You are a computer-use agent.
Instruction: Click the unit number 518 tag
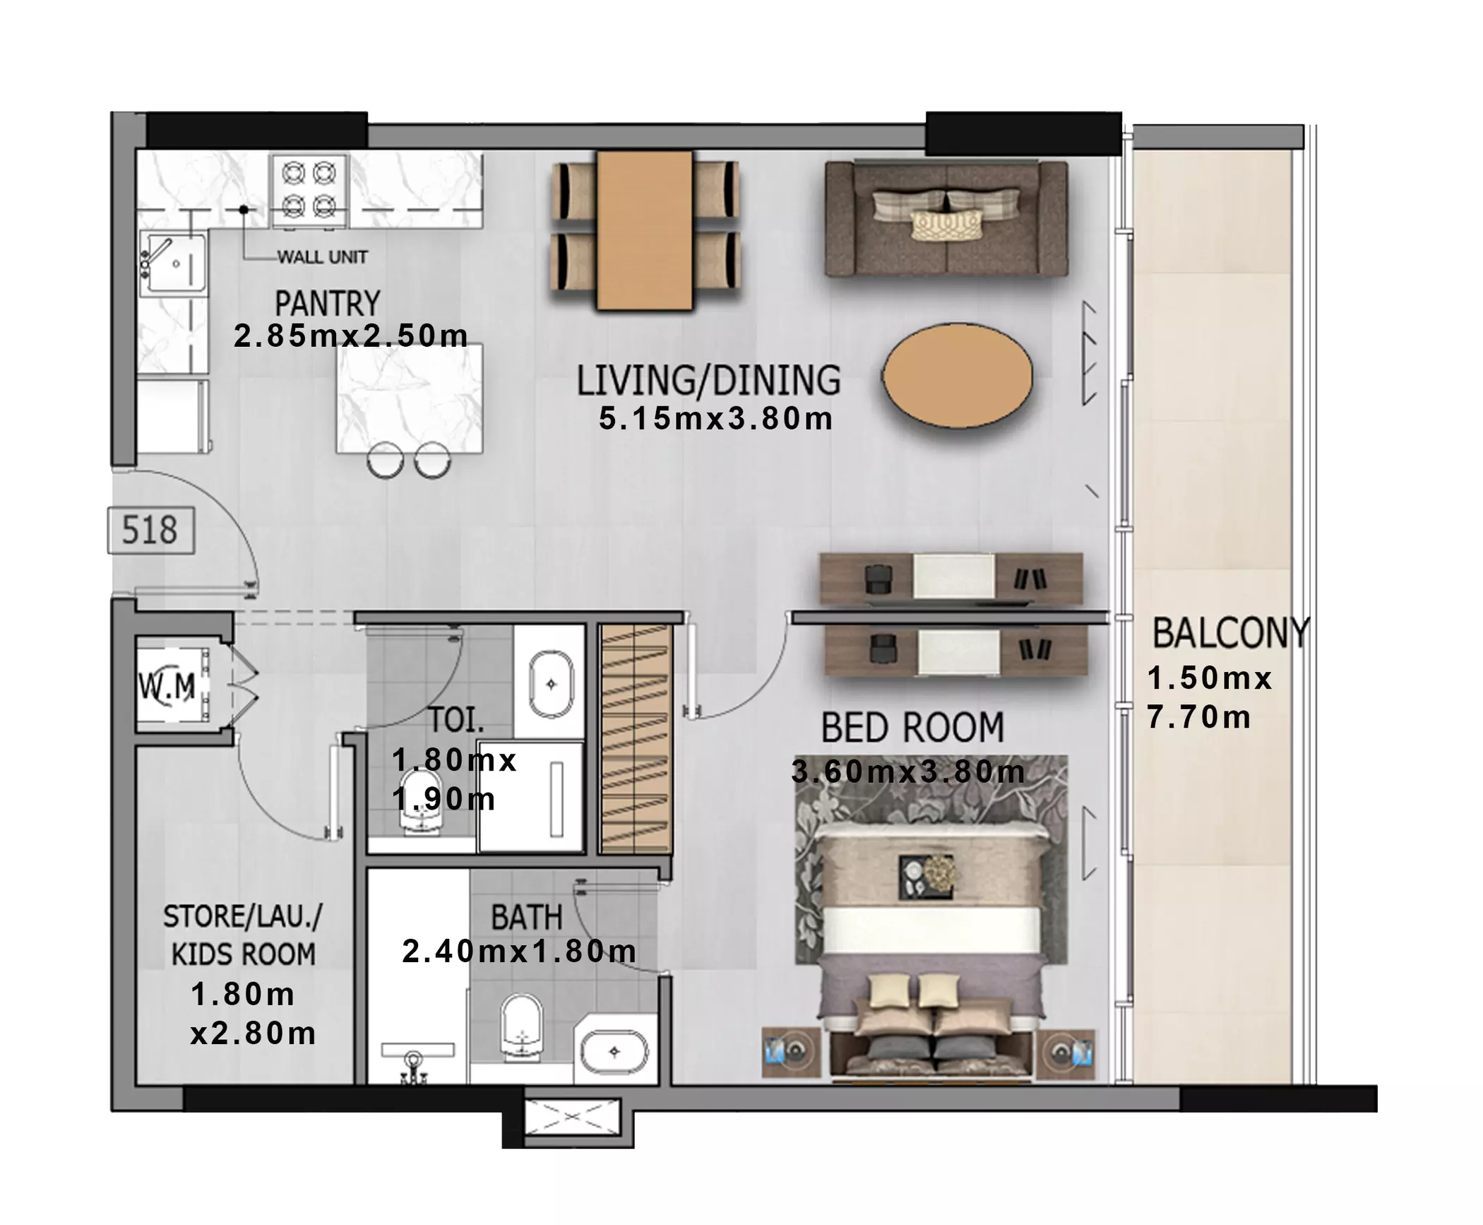[150, 530]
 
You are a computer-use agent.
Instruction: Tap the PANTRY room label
[327, 304]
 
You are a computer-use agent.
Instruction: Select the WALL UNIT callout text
[322, 257]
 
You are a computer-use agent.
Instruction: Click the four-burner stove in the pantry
[309, 190]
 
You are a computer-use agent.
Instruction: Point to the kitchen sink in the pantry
[173, 264]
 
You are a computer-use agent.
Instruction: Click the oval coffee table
[957, 376]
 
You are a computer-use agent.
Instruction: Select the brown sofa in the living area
[946, 218]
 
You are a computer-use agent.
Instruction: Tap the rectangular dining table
[644, 230]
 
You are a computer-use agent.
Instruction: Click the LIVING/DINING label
[708, 380]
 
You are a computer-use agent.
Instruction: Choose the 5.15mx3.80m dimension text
[715, 418]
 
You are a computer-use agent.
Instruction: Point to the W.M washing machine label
[167, 686]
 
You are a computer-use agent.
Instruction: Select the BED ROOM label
[912, 728]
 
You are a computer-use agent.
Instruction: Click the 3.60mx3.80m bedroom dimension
[908, 771]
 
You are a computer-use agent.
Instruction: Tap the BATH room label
[527, 918]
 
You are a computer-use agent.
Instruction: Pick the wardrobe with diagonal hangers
[634, 739]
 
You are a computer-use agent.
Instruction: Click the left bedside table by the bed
[791, 1053]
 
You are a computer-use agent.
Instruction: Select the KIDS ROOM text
[244, 954]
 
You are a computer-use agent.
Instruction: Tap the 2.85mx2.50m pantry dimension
[351, 336]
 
